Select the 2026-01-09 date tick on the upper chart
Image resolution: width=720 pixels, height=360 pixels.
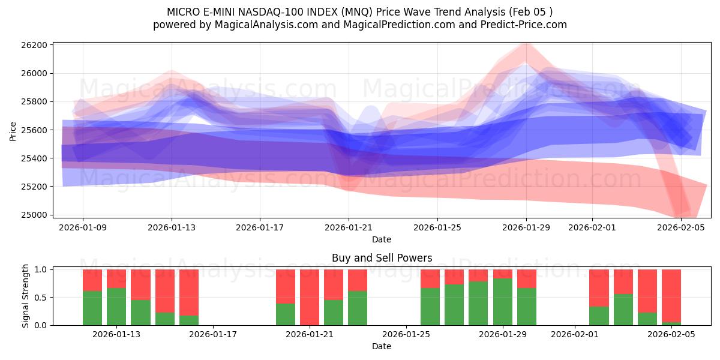pos(83,227)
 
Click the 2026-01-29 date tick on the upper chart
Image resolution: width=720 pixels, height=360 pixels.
pos(526,227)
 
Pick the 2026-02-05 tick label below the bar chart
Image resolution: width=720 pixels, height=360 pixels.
pos(671,335)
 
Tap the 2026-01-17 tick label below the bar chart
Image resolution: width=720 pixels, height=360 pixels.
pos(214,335)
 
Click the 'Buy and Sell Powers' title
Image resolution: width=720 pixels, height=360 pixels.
pos(382,259)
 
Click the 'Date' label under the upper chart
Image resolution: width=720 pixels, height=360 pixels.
pos(382,239)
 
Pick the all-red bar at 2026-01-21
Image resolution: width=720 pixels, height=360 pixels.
pos(310,297)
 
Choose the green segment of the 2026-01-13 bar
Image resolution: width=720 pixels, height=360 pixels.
pos(116,307)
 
